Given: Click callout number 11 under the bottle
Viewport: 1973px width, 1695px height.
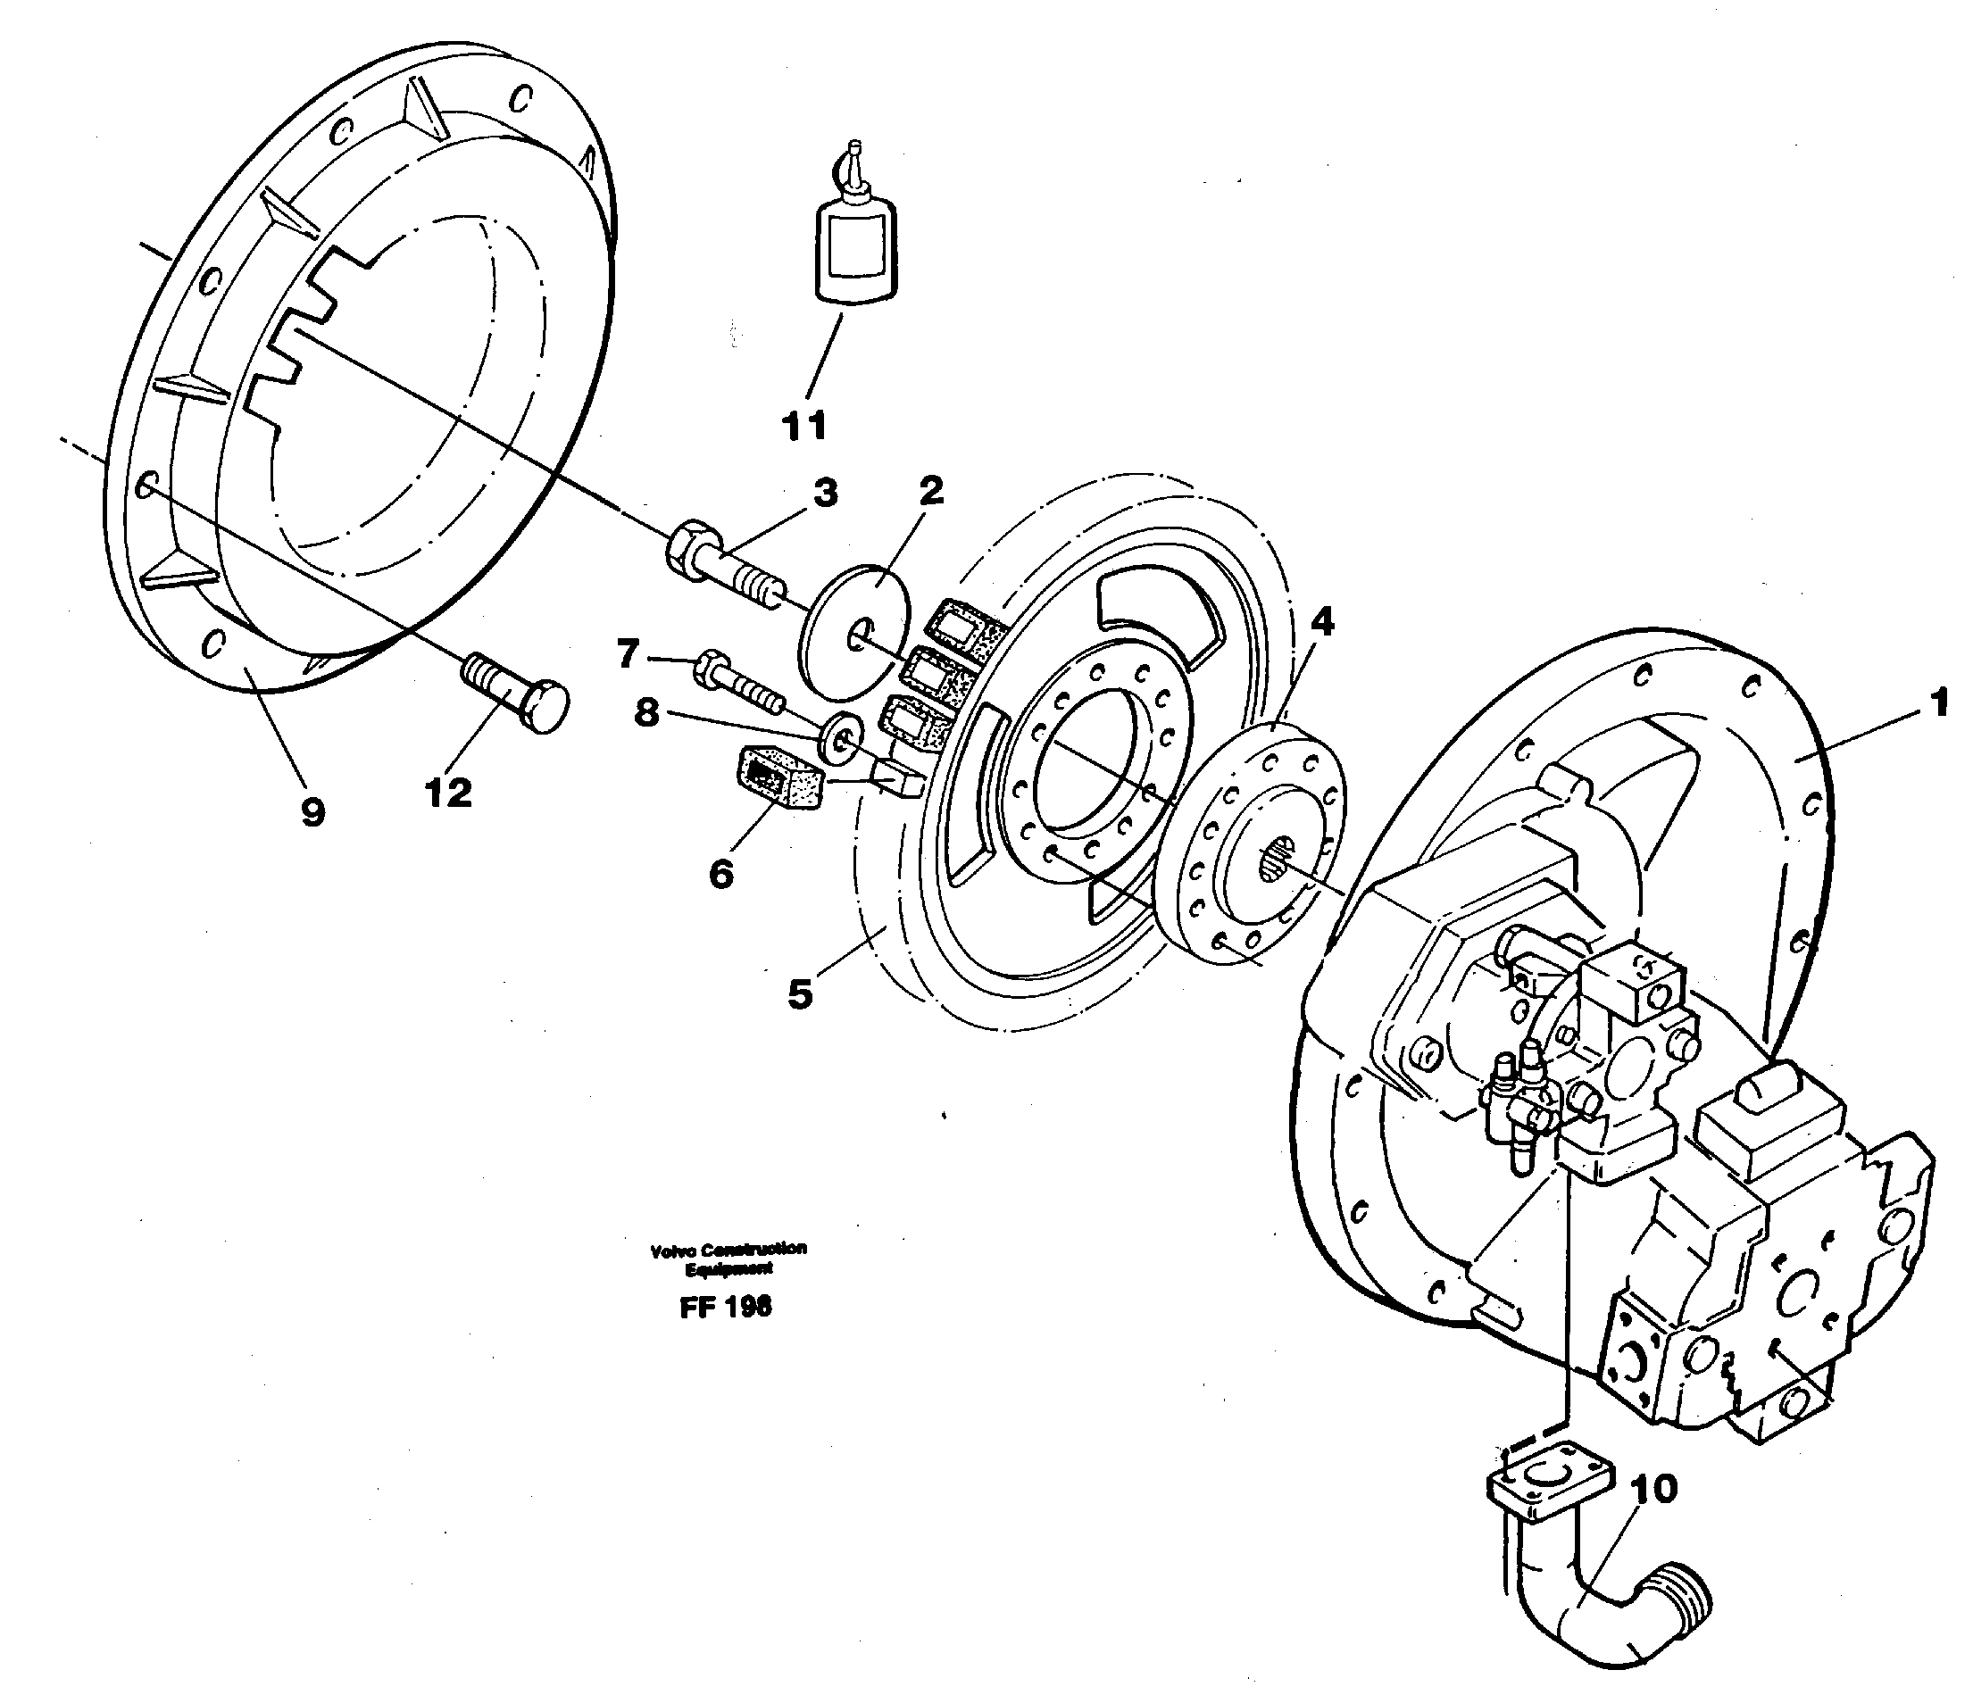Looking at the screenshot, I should click(x=804, y=426).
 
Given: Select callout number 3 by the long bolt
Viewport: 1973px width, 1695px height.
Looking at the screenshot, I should click(x=825, y=494).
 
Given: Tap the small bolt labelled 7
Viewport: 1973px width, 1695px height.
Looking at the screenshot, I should click(x=738, y=679).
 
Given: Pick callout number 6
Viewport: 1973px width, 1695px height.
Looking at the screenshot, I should click(x=720, y=873).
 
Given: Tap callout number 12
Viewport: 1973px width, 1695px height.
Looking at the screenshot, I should click(x=447, y=793).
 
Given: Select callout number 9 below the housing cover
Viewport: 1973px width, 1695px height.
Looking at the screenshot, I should click(x=312, y=811).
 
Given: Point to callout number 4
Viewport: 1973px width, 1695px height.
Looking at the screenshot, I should click(x=1321, y=622).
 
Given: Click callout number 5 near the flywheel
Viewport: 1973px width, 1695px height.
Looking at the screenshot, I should click(x=800, y=994).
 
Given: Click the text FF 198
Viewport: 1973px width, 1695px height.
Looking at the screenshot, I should click(x=725, y=1308).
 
